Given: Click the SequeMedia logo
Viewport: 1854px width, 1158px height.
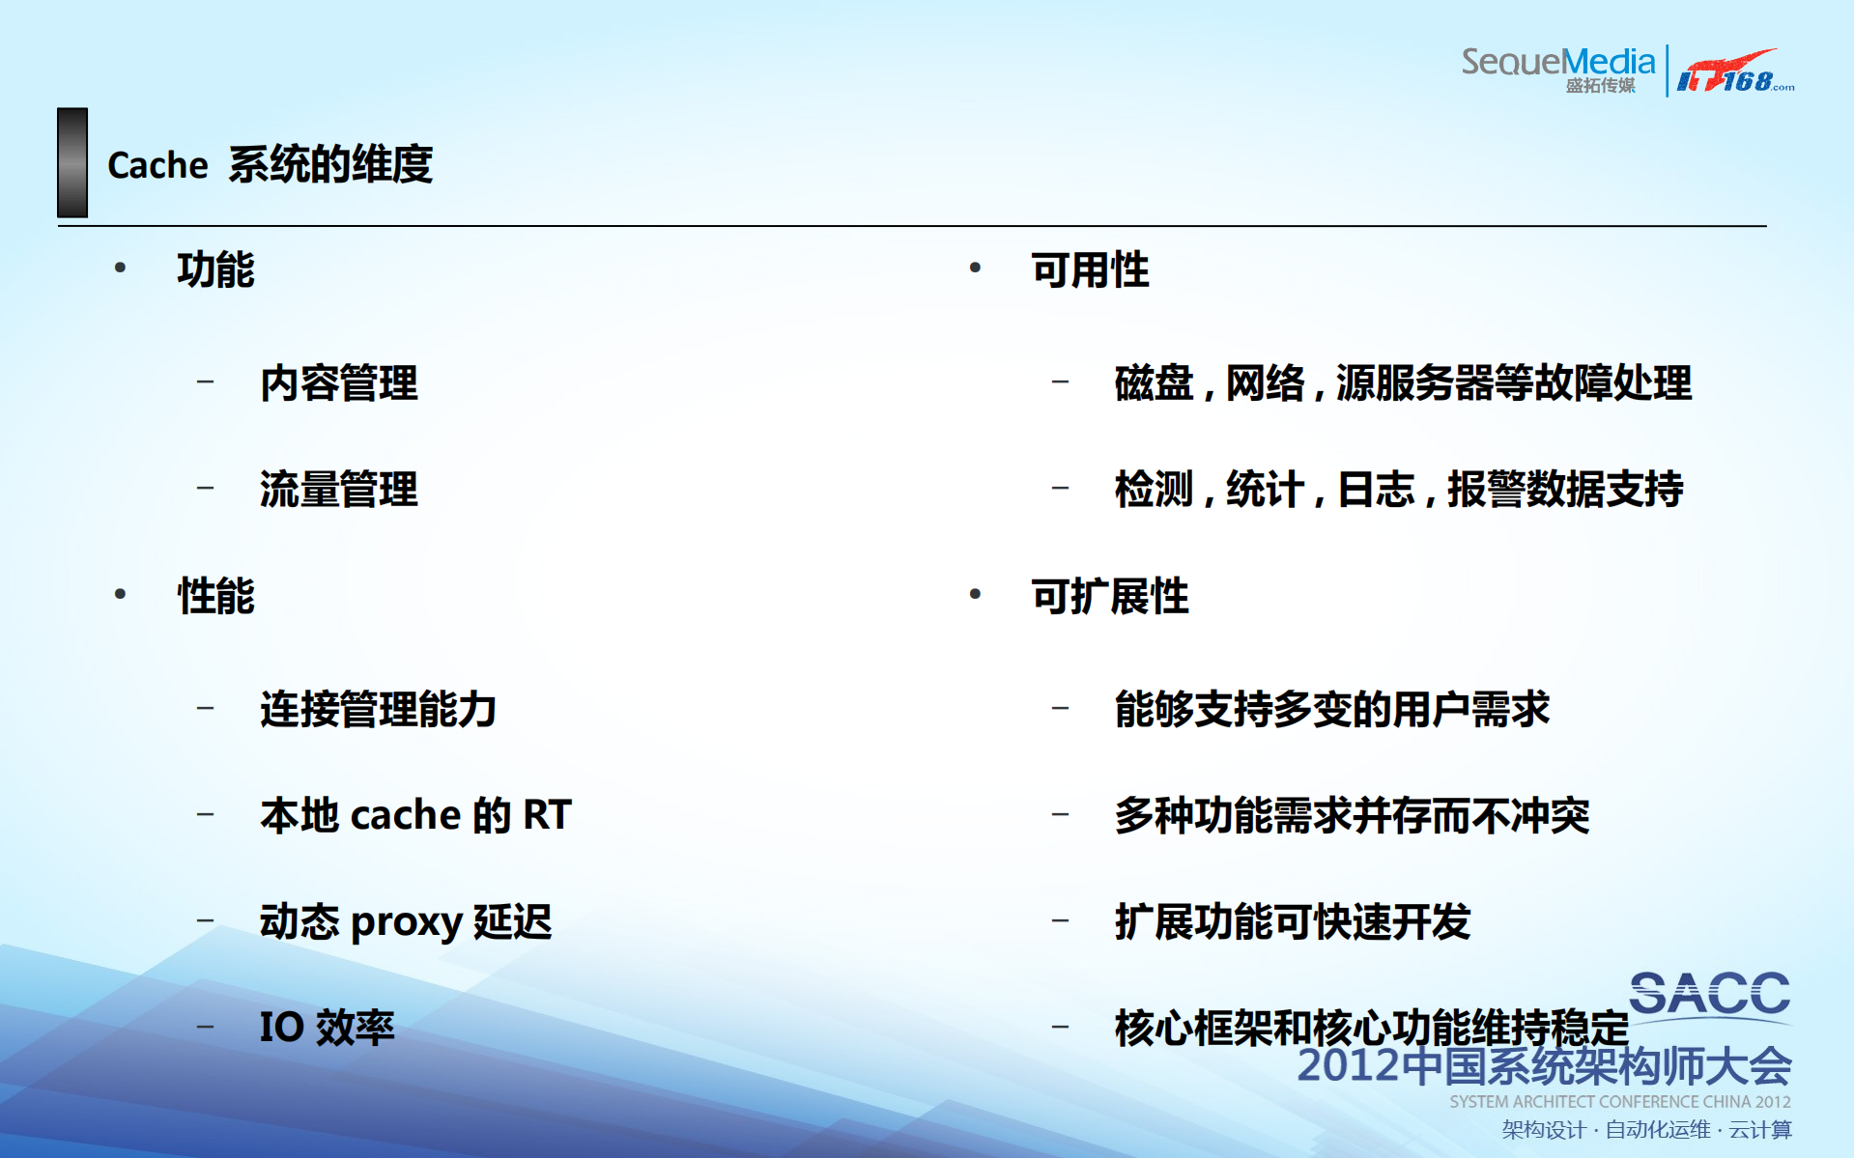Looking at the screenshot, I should pos(1557,69).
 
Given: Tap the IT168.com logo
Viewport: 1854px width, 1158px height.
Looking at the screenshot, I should pos(1733,71).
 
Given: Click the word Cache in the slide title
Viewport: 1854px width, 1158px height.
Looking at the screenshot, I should pos(157,165).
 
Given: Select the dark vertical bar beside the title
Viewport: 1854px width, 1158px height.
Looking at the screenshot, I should pos(72,162).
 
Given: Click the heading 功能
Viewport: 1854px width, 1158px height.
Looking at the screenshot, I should pos(215,269).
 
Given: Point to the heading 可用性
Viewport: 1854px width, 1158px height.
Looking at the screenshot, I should pos(1090,269).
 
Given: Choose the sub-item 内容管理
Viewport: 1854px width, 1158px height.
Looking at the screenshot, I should pos(338,383).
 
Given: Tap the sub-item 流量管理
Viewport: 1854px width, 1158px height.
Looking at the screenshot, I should pos(338,489).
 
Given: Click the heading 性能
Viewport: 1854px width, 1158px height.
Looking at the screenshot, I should pos(215,596).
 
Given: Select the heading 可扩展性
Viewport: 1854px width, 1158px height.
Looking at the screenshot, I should pos(1109,596).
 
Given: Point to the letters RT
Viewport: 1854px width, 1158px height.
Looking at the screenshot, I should pos(547,815).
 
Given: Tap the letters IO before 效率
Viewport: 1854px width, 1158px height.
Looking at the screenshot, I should pos(281,1027).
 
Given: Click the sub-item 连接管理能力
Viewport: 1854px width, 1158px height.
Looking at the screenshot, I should pos(378,710).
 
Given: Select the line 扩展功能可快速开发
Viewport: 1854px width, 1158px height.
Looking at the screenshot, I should pos(1292,921).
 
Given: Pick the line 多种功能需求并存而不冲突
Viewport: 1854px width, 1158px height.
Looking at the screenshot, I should pos(1351,815).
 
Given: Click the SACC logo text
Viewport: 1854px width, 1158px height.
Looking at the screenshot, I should pos(1709,994).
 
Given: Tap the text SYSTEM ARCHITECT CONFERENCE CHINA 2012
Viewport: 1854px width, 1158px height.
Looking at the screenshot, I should pos(1619,1102).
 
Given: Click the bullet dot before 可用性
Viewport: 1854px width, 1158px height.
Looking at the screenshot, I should pos(975,268).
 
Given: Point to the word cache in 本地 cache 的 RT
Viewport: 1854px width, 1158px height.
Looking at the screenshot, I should pos(406,815).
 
